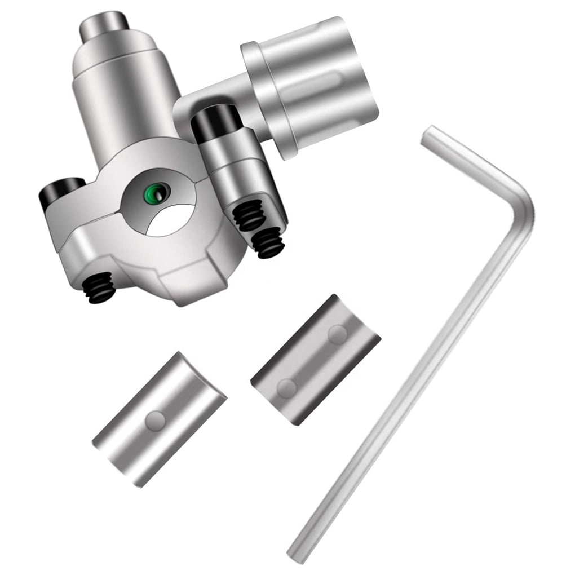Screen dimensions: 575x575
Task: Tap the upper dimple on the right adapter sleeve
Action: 337,334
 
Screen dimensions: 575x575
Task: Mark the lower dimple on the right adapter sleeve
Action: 287,387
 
